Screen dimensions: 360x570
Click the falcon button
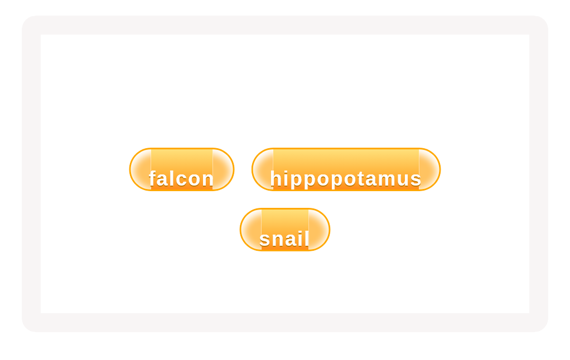click(x=182, y=169)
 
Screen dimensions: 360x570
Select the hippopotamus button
click(x=346, y=169)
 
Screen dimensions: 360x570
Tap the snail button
click(x=285, y=230)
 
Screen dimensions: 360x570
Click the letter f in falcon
click(x=153, y=179)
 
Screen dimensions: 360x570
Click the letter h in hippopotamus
click(x=276, y=179)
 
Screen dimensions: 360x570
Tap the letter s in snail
click(x=265, y=239)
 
